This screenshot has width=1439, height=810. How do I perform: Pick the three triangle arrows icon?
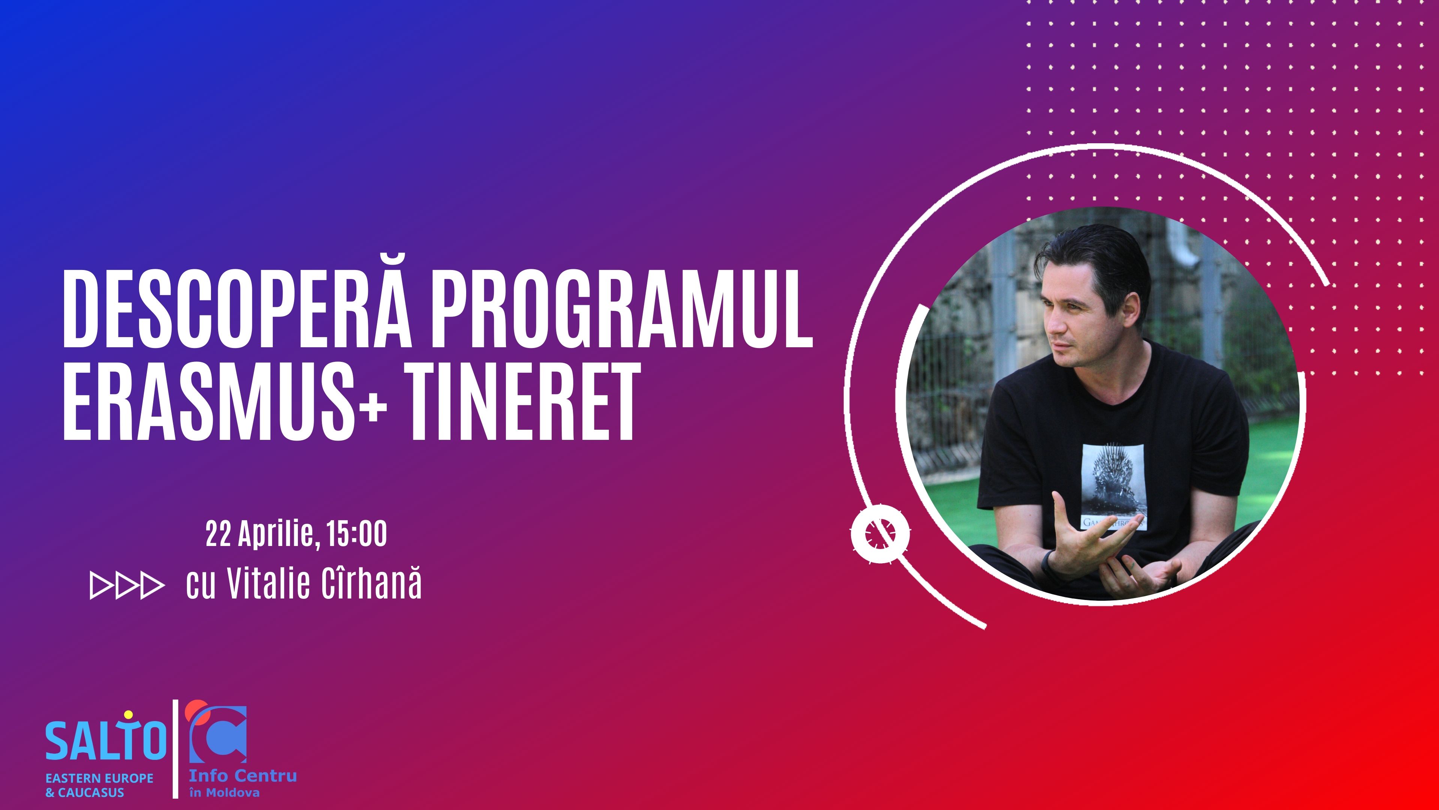click(x=127, y=585)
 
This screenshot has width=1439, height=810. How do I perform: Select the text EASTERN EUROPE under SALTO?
click(x=99, y=778)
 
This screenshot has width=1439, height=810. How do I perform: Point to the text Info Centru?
click(x=243, y=776)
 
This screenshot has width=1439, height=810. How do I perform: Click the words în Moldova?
click(x=224, y=792)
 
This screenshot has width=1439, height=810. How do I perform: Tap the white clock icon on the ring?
click(x=880, y=534)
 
